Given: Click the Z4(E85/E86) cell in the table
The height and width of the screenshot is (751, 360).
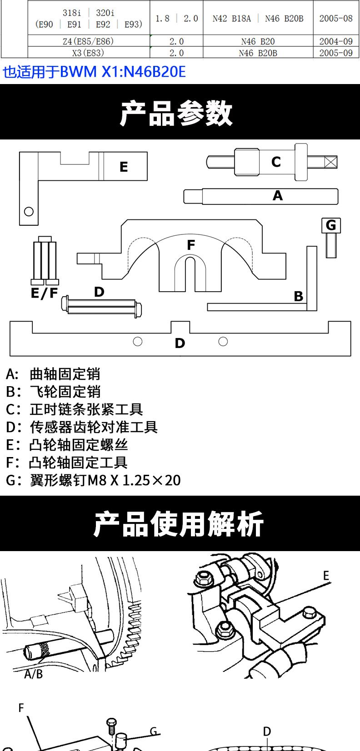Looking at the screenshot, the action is point(89,41).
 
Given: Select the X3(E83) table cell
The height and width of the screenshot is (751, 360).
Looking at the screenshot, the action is point(89,53).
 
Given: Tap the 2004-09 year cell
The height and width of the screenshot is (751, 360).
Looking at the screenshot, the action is point(336,41).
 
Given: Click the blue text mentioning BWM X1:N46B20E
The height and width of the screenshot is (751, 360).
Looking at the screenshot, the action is point(94,72).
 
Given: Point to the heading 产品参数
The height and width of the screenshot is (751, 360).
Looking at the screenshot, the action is point(176,114).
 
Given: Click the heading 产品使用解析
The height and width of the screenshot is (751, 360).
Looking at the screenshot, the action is point(178,524).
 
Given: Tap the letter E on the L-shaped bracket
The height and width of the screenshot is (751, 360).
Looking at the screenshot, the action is point(124,167).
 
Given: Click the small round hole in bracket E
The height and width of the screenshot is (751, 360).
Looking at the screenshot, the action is point(29,212).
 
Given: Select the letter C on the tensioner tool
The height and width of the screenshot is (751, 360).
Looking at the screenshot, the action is point(276,162).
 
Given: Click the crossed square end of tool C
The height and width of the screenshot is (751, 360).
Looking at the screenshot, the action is point(330,162).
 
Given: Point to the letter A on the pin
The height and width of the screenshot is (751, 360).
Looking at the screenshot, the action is point(277,195).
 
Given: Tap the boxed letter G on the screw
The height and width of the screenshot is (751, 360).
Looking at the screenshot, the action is point(331,225).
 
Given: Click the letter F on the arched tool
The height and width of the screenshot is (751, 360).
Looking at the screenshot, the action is point(191,245).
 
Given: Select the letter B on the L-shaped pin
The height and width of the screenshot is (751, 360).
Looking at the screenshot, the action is point(298,296).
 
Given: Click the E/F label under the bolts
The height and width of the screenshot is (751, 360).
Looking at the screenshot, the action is point(44,293).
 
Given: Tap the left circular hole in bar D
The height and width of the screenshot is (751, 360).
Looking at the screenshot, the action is point(138,342).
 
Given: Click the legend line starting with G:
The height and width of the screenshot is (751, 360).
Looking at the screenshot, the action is point(93,480).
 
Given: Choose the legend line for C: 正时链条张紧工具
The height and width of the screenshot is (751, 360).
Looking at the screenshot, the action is point(75,409).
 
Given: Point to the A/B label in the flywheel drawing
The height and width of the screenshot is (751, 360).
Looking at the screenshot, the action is point(34,674).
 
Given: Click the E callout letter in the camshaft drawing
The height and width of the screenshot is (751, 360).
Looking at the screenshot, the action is point(326,576).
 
